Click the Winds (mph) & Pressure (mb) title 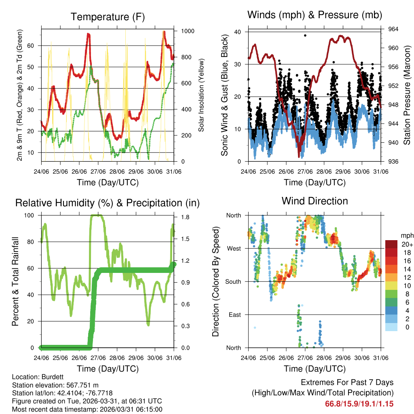pyautogui.click(x=315, y=15)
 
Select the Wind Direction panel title pyautogui.click(x=315, y=201)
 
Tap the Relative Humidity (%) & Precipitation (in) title pyautogui.click(x=107, y=203)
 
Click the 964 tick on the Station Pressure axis pyautogui.click(x=393, y=29)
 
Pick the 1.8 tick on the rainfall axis pyautogui.click(x=185, y=217)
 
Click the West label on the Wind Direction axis pyautogui.click(x=234, y=248)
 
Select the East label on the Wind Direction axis pyautogui.click(x=234, y=315)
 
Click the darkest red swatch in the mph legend pyautogui.click(x=391, y=244)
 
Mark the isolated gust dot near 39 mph pyautogui.click(x=305, y=36)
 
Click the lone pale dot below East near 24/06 pyautogui.click(x=255, y=327)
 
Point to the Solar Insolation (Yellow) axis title pyautogui.click(x=201, y=95)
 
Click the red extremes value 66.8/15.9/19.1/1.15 pyautogui.click(x=359, y=403)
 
